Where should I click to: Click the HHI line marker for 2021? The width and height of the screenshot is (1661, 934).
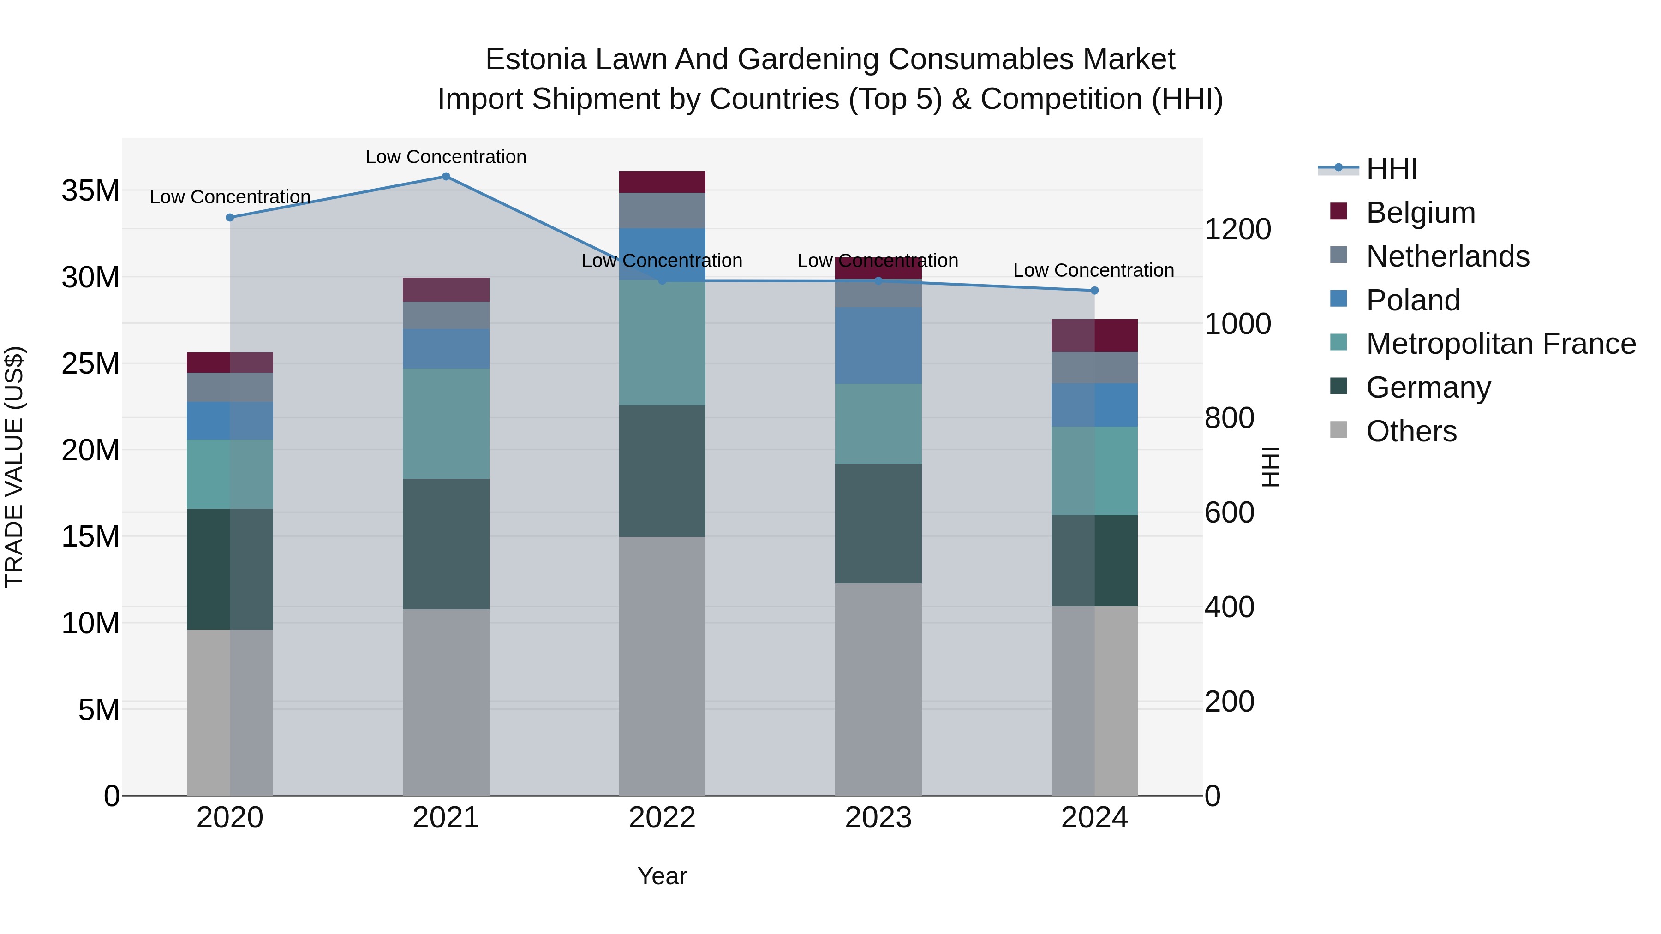446,177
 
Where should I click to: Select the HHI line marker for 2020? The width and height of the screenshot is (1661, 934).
230,217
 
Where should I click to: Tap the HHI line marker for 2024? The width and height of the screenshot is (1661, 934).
1094,291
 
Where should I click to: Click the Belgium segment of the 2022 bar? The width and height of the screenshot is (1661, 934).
662,182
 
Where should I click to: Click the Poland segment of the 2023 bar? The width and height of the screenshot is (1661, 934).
878,345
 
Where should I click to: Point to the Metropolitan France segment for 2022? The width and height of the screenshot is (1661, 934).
662,342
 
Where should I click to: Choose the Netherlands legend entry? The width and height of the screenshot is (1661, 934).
1447,256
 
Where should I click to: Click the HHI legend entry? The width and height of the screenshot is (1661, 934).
1392,169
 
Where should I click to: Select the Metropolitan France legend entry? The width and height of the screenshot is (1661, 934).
1500,344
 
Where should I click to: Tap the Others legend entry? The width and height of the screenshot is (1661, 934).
1411,431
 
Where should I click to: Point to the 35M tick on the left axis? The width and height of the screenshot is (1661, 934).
90,191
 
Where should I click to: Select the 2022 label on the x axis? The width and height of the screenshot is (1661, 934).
662,818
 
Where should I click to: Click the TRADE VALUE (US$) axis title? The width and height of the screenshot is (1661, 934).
14,467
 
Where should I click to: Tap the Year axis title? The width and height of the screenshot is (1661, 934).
662,876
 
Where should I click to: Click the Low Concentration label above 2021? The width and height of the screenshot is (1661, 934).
446,157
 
